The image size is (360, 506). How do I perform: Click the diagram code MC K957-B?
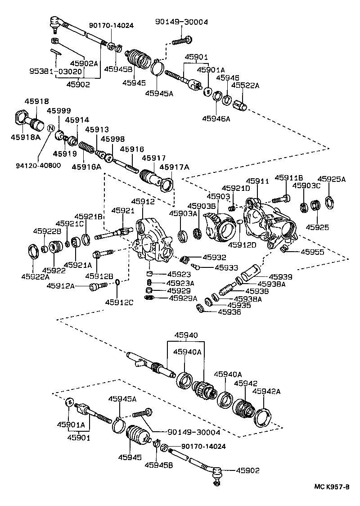click(x=332, y=487)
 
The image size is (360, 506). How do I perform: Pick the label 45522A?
click(x=246, y=86)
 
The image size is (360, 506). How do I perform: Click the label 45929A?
click(x=183, y=298)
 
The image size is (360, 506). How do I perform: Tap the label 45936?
click(x=229, y=311)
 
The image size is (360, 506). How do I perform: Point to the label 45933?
click(x=226, y=267)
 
